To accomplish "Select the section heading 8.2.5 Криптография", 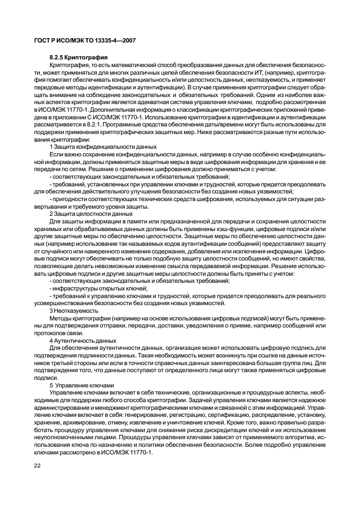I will [79, 57].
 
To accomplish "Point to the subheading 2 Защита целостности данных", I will [87, 214].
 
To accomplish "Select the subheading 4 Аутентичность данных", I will [83, 340].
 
